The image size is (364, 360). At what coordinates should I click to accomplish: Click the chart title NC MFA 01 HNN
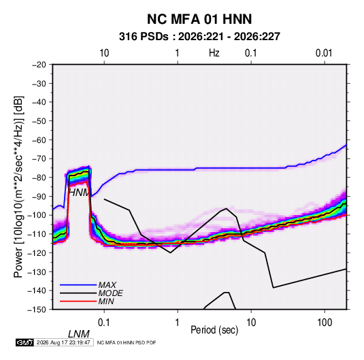click(199, 19)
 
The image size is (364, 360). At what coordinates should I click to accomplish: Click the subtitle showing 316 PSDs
click(199, 37)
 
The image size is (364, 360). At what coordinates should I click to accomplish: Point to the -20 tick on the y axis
click(39, 65)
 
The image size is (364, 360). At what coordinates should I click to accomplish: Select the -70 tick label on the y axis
click(39, 159)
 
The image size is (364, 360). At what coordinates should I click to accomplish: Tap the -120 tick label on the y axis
click(37, 252)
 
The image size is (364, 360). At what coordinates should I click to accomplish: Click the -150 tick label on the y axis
click(37, 310)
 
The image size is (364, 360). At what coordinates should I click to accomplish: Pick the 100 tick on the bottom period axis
click(325, 323)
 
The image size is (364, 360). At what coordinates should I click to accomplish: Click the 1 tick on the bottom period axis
click(178, 323)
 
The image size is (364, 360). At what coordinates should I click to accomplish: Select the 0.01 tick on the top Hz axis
click(324, 53)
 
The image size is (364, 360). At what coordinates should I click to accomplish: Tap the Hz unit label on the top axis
click(214, 53)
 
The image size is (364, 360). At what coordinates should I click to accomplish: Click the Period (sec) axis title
click(214, 330)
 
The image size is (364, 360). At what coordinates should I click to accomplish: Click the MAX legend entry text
click(107, 285)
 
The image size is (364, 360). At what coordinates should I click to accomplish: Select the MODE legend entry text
click(110, 293)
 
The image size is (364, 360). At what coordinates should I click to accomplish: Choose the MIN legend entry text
click(106, 301)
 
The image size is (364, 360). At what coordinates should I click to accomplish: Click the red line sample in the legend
click(78, 301)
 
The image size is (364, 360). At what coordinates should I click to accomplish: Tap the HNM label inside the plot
click(79, 193)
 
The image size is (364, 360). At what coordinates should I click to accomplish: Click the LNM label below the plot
click(79, 334)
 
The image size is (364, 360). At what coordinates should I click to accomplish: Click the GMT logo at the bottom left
click(25, 342)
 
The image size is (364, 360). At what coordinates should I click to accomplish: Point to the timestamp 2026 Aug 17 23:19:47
click(63, 342)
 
